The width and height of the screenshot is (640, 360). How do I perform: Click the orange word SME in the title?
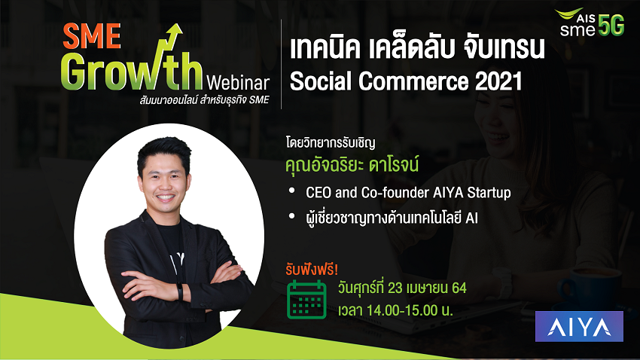(92, 36)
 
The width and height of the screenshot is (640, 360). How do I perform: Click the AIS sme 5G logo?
(590, 23)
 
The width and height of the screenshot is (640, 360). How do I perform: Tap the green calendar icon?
(306, 299)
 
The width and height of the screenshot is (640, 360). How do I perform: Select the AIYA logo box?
(579, 326)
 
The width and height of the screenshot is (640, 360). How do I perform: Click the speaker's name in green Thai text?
(352, 165)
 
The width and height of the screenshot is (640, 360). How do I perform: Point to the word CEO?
(318, 192)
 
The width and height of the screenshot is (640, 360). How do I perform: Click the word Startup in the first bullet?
(489, 193)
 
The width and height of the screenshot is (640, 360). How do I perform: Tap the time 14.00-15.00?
(402, 310)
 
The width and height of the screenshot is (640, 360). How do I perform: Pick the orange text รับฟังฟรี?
(312, 270)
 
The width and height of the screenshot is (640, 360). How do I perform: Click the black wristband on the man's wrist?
(180, 291)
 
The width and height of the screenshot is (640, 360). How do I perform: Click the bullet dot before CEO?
(291, 191)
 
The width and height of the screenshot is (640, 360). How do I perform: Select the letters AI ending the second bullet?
(471, 218)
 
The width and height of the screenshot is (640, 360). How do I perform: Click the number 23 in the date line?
(395, 288)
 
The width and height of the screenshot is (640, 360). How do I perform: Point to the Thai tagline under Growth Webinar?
(204, 100)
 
